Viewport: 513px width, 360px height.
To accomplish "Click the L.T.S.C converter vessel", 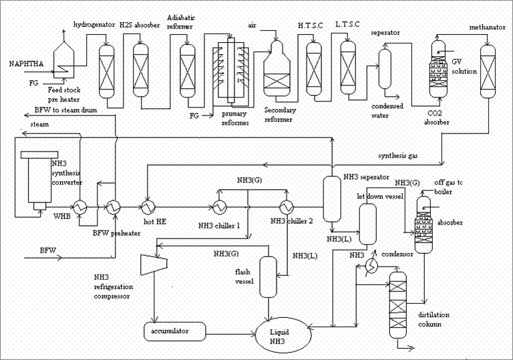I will (x=347, y=65).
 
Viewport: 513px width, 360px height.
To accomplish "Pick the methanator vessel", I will (x=488, y=67).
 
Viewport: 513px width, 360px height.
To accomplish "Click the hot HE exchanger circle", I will (x=148, y=207).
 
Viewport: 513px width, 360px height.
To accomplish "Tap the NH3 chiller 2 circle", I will (x=287, y=207).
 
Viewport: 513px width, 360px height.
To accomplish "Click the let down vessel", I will (x=367, y=222).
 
